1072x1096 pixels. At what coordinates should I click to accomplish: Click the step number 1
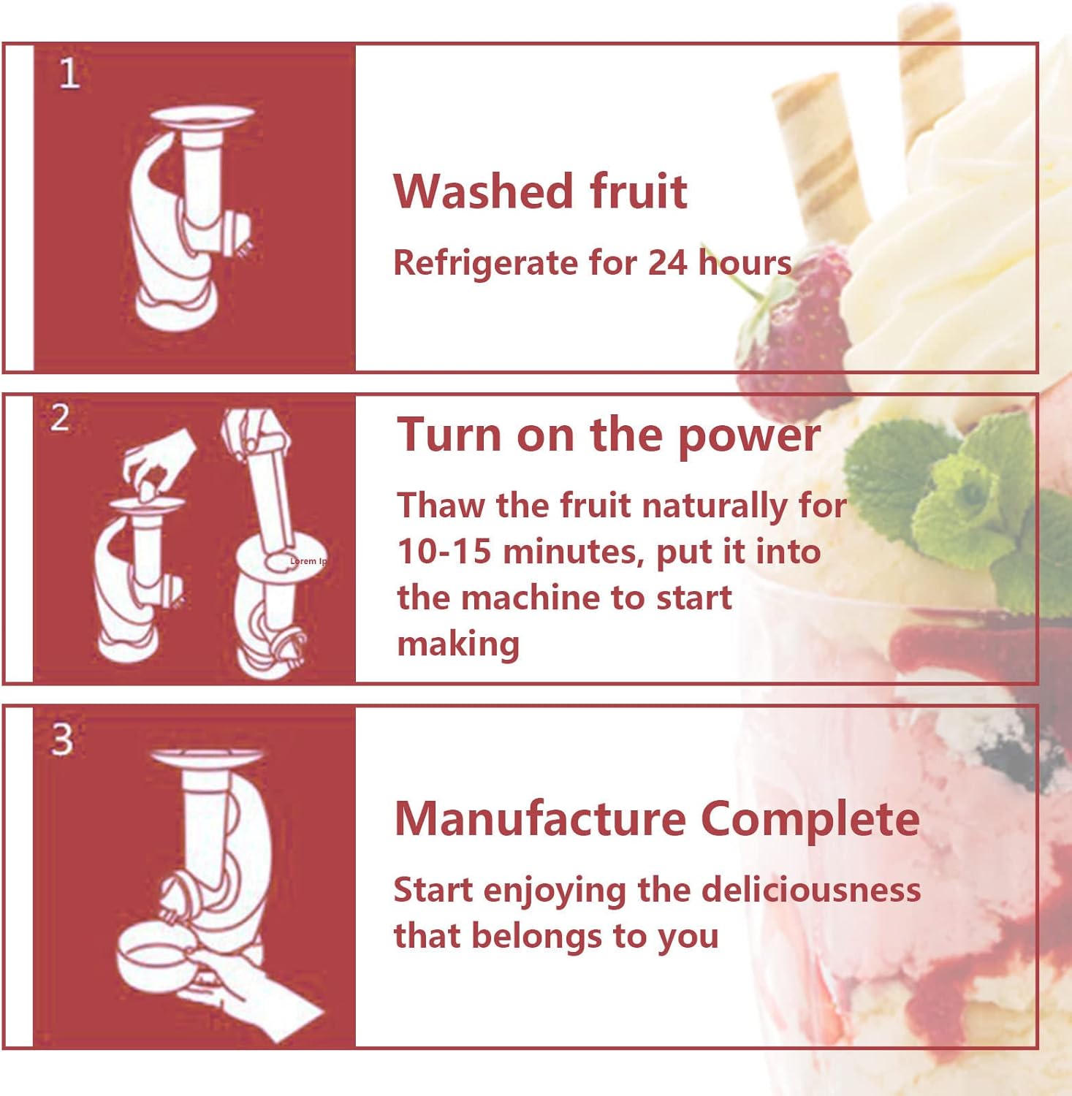point(69,73)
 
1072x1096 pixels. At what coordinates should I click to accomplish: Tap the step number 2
point(60,418)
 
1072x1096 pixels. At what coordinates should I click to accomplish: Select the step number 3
point(62,739)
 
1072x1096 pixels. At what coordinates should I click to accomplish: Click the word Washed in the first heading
point(482,191)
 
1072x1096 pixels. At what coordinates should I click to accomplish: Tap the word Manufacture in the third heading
point(539,818)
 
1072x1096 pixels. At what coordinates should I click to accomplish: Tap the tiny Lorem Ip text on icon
point(308,561)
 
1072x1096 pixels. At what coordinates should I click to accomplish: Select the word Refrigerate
point(485,263)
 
